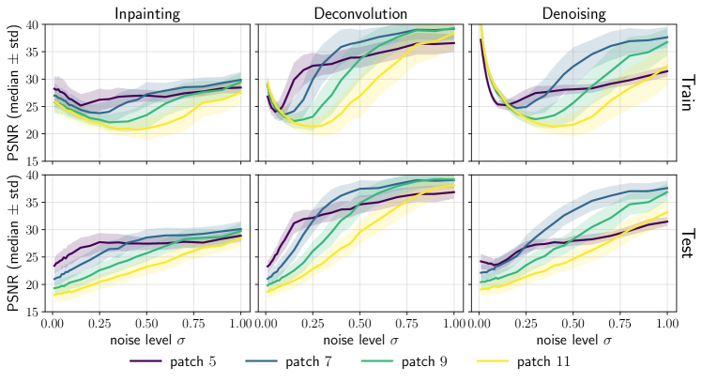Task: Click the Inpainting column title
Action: [147, 13]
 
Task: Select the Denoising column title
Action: [572, 13]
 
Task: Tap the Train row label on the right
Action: [686, 92]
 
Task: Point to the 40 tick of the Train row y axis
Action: [36, 24]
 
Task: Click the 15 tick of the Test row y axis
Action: [36, 311]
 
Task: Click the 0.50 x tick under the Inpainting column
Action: [147, 322]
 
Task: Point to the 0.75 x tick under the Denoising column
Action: [620, 322]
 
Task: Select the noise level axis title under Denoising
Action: [572, 337]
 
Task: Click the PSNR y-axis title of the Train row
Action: [12, 92]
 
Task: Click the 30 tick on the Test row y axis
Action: [36, 229]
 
